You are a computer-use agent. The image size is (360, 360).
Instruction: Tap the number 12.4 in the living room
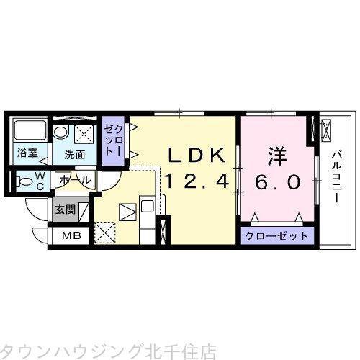[x=197, y=181]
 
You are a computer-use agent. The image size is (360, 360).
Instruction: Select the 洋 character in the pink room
[x=278, y=156]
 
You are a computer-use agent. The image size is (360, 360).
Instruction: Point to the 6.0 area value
[x=278, y=182]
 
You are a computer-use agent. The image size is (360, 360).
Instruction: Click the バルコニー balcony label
[x=337, y=176]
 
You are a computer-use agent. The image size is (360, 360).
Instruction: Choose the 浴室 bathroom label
[x=27, y=153]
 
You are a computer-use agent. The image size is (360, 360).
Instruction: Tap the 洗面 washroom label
[x=75, y=155]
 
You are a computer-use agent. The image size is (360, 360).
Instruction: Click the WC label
[x=40, y=181]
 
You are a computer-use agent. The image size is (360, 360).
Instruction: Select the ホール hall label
[x=75, y=180]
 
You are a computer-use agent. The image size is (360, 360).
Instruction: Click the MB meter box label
[x=71, y=235]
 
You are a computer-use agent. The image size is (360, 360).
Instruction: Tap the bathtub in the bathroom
[x=30, y=130]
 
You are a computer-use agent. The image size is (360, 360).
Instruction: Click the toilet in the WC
[x=24, y=181]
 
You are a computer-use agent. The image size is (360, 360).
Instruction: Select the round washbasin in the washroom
[x=60, y=132]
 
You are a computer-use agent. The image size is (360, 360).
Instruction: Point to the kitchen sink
[x=146, y=206]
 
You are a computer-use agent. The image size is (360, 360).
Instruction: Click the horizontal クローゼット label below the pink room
[x=277, y=236]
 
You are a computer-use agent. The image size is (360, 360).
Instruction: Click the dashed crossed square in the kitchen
[x=104, y=233]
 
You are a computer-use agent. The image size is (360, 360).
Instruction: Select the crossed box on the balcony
[x=326, y=130]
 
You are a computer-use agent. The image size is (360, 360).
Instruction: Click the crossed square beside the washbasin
[x=84, y=134]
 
